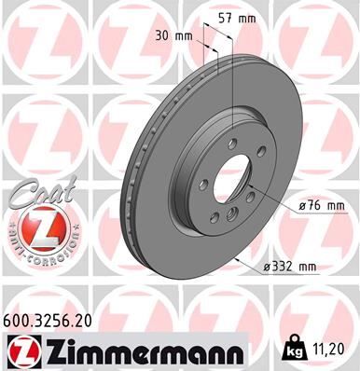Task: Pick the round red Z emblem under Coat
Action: (x=35, y=228)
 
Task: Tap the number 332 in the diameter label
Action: (x=283, y=268)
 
